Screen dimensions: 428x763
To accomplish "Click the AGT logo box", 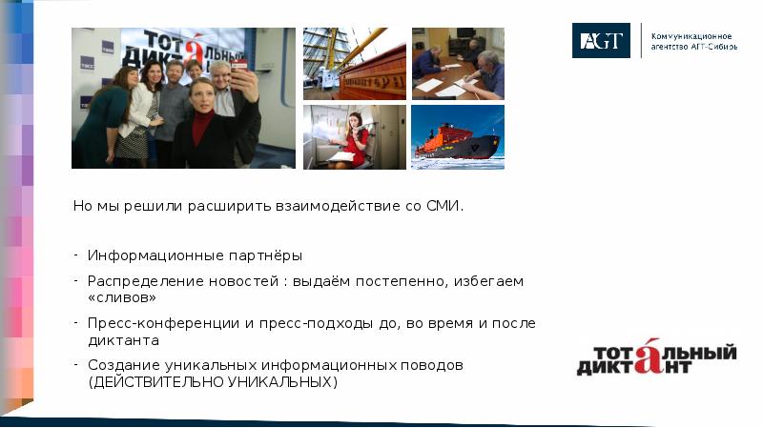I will pyautogui.click(x=601, y=40).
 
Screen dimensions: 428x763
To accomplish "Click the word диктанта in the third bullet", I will pyautogui.click(x=123, y=339).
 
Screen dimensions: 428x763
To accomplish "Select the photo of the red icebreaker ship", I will pyautogui.click(x=458, y=137).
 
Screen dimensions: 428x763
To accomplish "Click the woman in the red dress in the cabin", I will pyautogui.click(x=355, y=139).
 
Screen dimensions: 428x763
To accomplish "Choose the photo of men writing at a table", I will pyautogui.click(x=458, y=63).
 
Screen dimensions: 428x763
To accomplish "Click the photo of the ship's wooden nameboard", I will pyautogui.click(x=355, y=63).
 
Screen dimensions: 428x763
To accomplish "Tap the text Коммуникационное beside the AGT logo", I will pyautogui.click(x=691, y=35).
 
